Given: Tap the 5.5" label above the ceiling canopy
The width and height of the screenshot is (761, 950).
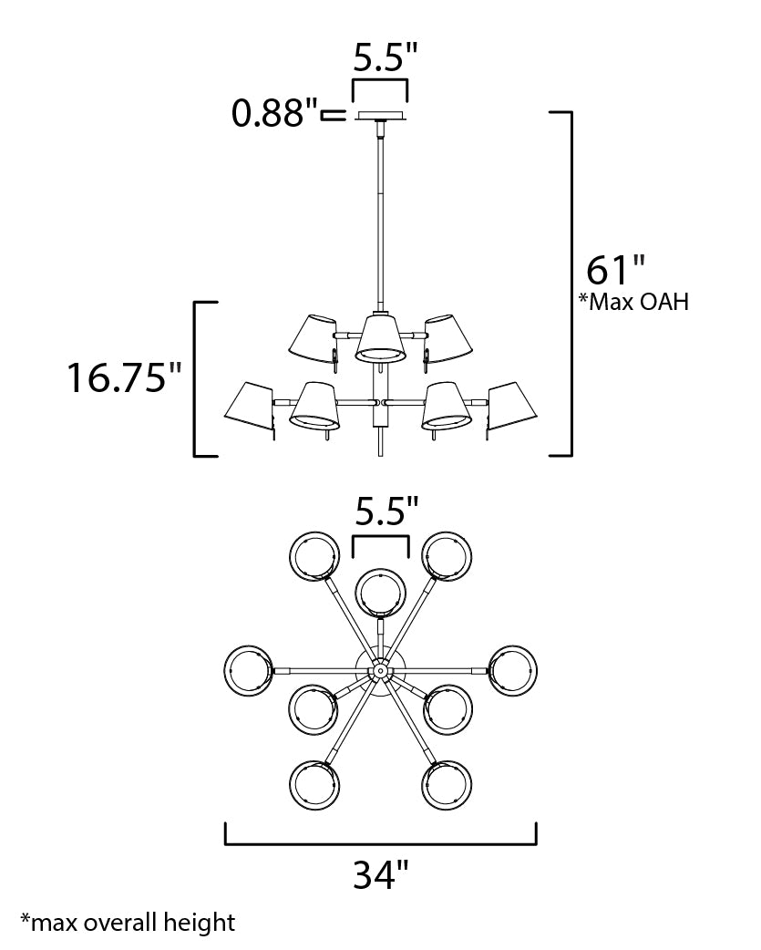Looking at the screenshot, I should click(385, 59).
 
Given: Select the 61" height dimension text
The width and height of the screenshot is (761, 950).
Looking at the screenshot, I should click(616, 272).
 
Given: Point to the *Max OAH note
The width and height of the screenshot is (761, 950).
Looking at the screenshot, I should click(633, 302).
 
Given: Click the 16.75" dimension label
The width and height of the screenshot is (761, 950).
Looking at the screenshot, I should click(125, 377).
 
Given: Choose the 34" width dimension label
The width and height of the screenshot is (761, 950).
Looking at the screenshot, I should click(380, 875).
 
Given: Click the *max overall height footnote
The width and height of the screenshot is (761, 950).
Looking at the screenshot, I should click(127, 922).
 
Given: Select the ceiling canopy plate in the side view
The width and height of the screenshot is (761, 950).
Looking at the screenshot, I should click(380, 116).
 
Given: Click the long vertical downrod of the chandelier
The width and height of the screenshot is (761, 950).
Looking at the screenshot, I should click(380, 219).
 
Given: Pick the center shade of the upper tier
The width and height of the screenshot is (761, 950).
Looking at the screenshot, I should click(378, 338).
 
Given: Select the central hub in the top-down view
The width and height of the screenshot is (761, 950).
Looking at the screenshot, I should click(379, 670).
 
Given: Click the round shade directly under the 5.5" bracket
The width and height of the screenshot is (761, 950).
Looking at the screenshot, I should click(380, 592).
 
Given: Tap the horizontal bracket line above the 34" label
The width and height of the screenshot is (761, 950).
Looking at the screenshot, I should click(380, 843).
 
